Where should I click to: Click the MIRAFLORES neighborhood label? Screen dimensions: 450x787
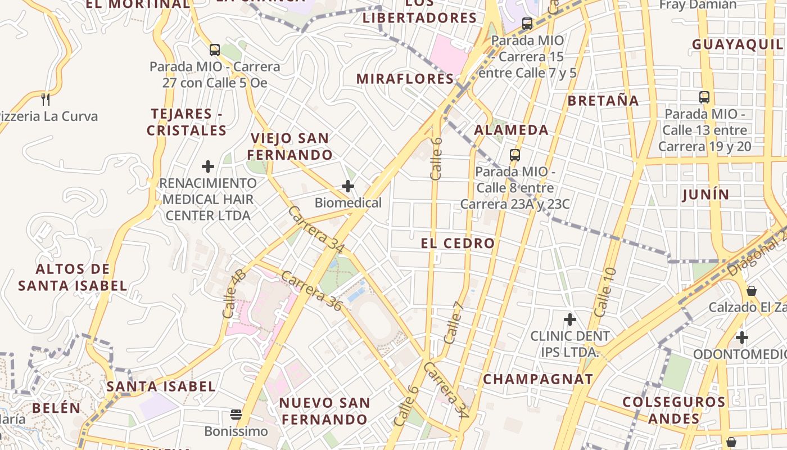[x=405, y=79]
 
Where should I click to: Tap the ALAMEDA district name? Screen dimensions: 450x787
[x=511, y=130]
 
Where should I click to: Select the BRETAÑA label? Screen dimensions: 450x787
[x=603, y=101]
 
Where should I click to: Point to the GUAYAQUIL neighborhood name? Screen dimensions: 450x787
[x=736, y=44]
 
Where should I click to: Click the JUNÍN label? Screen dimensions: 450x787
[x=705, y=195]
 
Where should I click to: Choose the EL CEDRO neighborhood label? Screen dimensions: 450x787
[x=458, y=244]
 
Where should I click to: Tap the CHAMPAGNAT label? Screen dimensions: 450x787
[x=538, y=379]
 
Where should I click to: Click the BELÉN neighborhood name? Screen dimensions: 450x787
[x=56, y=408]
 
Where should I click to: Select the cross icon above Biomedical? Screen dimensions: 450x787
[x=348, y=186]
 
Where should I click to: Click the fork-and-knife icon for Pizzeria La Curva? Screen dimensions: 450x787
[x=46, y=100]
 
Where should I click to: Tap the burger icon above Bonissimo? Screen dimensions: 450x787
[x=236, y=415]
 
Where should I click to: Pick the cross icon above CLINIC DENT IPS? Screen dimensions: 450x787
[x=570, y=319]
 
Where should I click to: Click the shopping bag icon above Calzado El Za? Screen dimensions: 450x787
[x=752, y=291]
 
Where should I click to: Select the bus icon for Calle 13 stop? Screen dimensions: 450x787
[x=704, y=97]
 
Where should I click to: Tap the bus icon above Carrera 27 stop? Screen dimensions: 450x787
[x=214, y=49]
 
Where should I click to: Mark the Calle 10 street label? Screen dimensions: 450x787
[x=605, y=292]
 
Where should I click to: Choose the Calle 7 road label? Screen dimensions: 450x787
[x=453, y=322]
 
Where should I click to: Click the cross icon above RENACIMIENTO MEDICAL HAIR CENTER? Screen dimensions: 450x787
[x=208, y=166]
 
